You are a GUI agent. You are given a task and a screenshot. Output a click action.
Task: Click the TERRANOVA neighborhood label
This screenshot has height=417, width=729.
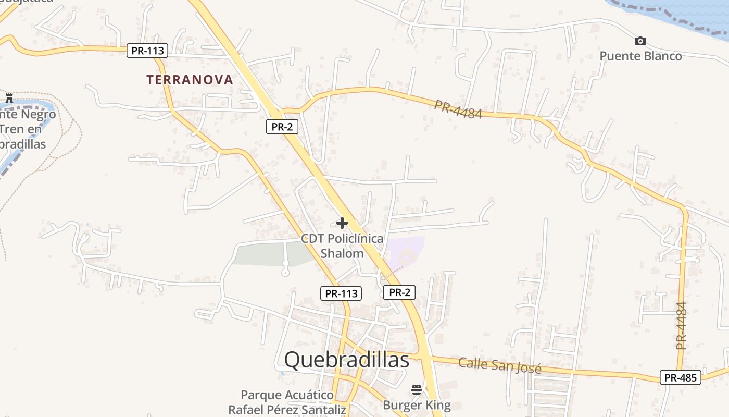tap(190, 80)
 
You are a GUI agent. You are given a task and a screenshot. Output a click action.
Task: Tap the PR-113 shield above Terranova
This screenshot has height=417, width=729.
tap(148, 51)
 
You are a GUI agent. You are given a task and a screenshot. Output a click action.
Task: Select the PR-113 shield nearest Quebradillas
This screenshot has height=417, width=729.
tap(341, 293)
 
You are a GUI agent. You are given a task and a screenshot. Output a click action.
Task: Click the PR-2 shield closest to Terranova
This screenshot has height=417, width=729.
tap(282, 127)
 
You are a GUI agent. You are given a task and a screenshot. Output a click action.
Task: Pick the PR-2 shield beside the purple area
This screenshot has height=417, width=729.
tap(399, 292)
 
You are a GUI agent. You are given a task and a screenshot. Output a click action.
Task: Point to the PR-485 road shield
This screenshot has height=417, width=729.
tap(680, 378)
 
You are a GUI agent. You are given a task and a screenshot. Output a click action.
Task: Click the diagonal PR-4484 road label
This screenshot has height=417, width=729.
tap(458, 109)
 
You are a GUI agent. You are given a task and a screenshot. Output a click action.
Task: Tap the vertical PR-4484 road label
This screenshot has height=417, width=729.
tap(681, 326)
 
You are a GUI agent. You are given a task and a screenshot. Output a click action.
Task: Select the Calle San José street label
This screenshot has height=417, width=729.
tap(499, 365)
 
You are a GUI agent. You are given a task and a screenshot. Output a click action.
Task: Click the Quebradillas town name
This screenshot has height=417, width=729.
tap(347, 360)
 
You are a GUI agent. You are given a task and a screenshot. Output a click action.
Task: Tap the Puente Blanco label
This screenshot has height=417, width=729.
tap(640, 56)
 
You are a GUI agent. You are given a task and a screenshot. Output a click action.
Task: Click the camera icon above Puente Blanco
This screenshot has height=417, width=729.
tap(640, 41)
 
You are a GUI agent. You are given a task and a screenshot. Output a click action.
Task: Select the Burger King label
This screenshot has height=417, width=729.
tap(417, 405)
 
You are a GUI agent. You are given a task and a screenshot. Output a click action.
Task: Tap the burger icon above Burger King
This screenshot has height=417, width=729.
tap(417, 390)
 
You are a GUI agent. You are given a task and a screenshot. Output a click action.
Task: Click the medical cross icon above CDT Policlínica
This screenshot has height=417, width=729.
tap(342, 224)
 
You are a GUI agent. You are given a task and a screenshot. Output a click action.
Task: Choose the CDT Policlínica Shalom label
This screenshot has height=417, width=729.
tap(342, 246)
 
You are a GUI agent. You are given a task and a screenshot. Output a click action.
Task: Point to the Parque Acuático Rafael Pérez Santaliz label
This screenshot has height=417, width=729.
tap(287, 402)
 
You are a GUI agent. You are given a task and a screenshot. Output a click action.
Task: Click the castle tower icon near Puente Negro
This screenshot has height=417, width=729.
tap(9, 98)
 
